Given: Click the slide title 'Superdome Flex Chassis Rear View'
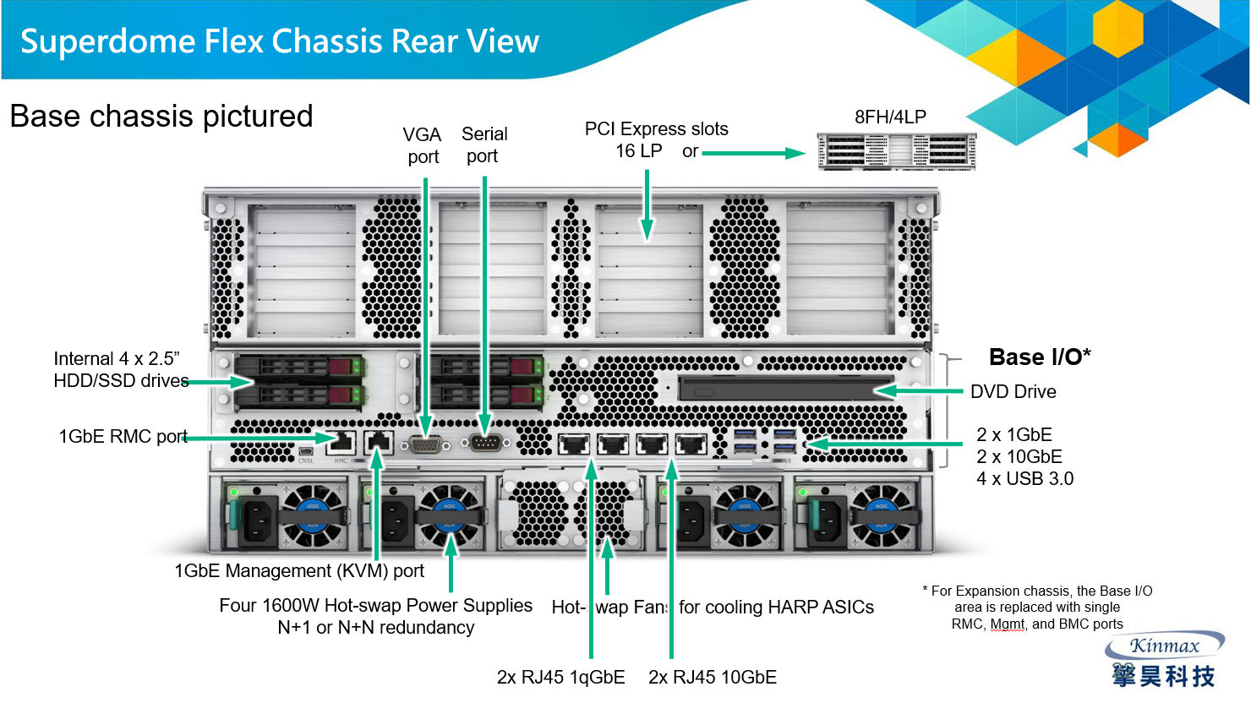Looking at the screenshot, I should point(279,41).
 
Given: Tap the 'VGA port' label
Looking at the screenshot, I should point(423,145).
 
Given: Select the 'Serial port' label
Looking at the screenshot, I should point(483,144).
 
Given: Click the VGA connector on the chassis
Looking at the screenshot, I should point(426,444).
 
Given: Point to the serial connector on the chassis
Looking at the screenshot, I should point(485,443).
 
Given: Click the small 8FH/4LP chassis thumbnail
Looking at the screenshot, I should point(896,151).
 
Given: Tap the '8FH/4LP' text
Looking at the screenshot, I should point(890,117).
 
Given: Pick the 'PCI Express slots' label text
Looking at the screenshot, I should point(656,129).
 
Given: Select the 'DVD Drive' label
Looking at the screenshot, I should point(1013,392).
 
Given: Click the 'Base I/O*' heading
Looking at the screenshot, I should point(1039,357).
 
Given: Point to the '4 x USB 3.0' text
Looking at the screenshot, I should point(1024,479).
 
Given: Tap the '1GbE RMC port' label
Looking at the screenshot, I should point(123,437).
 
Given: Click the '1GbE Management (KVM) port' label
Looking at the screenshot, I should point(299,571).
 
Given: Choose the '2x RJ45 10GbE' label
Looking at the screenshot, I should point(712,678).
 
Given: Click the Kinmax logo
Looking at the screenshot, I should point(1164,661).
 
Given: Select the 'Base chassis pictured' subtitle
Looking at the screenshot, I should point(161,117).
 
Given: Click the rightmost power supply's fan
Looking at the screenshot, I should point(882,515).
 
